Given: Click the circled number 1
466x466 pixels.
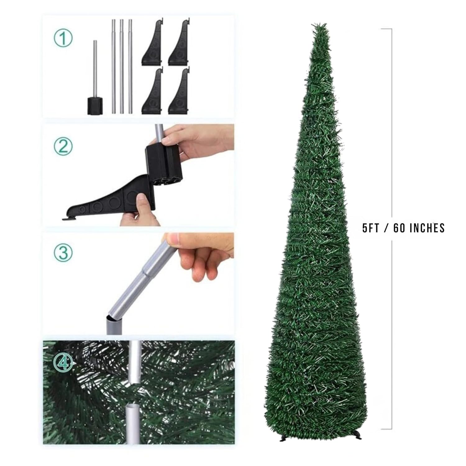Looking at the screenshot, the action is click(x=63, y=39).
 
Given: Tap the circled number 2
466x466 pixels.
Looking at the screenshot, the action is click(x=63, y=146).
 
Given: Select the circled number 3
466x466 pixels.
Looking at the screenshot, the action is click(x=63, y=253).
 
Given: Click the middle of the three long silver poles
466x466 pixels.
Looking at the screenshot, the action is click(x=122, y=66).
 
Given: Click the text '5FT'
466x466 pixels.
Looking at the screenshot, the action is click(x=371, y=228).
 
